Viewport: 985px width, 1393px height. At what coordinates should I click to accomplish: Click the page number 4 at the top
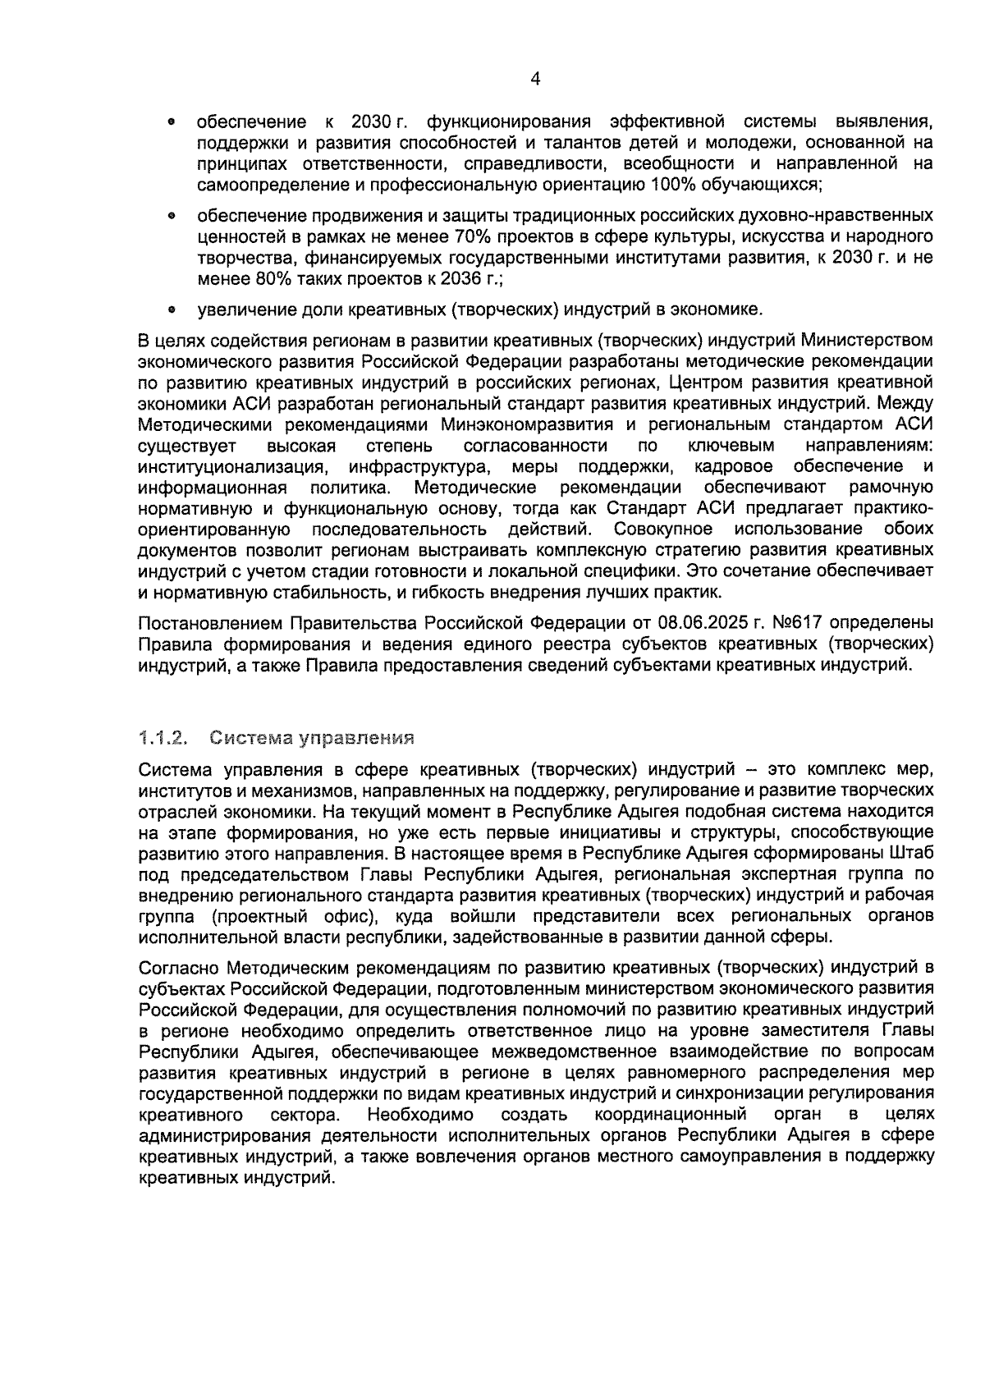point(535,79)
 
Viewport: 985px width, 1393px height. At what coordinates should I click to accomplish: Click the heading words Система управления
point(311,737)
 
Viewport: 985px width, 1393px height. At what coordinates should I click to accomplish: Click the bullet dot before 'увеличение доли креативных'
point(171,310)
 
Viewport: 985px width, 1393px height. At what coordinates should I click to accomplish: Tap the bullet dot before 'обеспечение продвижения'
point(171,217)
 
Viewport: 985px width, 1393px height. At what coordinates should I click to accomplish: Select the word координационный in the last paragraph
point(671,1115)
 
